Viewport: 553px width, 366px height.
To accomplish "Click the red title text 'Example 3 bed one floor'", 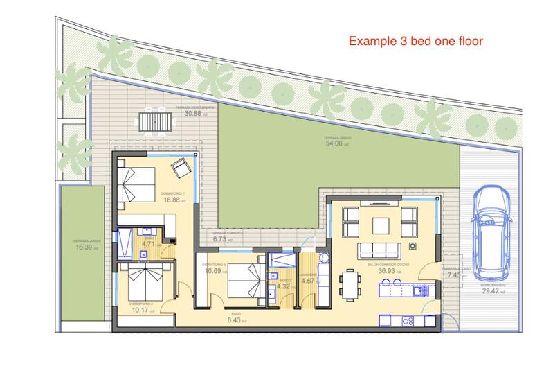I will [415, 41].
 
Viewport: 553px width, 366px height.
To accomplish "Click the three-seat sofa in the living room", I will [380, 250].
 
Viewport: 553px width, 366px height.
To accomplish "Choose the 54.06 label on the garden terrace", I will [334, 143].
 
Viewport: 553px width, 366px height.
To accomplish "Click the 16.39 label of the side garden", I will [83, 247].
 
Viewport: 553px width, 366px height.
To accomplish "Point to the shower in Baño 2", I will [280, 261].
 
